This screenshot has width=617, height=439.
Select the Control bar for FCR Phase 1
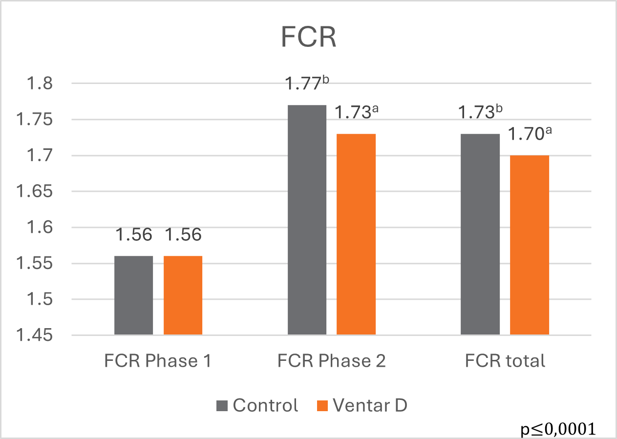[133, 295]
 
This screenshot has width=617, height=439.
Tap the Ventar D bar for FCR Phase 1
[183, 295]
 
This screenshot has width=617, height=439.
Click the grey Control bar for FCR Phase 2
[307, 220]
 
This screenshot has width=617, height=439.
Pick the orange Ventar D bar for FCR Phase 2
[356, 234]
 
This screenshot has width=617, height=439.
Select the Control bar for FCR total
[480, 234]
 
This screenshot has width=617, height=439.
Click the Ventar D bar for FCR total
[530, 245]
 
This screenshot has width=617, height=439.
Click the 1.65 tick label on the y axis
[35, 191]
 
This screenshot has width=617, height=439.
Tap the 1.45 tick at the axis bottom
[35, 335]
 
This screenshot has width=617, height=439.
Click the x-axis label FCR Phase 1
[158, 361]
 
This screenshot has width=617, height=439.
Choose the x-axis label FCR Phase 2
[332, 361]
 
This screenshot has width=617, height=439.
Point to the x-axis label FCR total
[505, 361]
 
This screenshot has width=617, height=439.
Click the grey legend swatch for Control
[222, 405]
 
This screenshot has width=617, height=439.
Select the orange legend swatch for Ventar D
[322, 405]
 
